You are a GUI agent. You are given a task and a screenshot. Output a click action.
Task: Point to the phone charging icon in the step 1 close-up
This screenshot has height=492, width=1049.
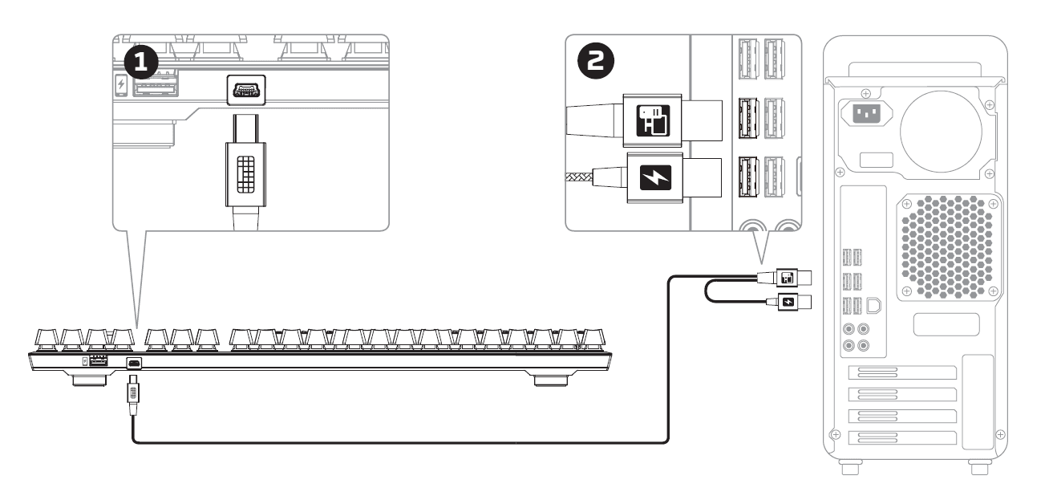click(121, 85)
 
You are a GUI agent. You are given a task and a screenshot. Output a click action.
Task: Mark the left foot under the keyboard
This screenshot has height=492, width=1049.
click(90, 379)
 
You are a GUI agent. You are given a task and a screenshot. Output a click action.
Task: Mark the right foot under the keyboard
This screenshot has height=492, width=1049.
click(553, 380)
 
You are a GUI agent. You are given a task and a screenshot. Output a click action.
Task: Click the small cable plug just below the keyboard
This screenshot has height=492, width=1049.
click(133, 394)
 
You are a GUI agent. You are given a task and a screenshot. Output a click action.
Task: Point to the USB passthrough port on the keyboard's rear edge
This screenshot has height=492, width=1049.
click(99, 362)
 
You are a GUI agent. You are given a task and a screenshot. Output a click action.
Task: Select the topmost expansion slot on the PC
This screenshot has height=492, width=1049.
click(902, 372)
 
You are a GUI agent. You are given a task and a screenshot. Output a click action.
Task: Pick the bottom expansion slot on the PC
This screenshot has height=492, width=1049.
click(902, 437)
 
